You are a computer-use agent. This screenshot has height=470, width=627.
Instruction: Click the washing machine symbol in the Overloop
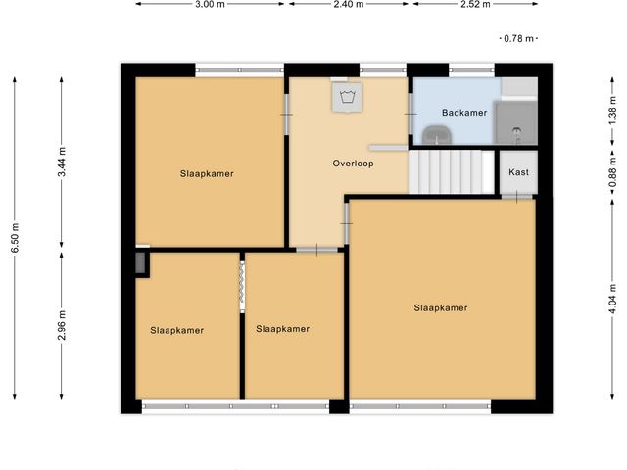(347, 97)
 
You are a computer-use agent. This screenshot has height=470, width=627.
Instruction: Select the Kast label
(518, 172)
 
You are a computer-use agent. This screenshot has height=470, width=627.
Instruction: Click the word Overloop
(353, 164)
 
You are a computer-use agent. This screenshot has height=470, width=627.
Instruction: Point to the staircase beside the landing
(451, 171)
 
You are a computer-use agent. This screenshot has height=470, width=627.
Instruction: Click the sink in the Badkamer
(430, 133)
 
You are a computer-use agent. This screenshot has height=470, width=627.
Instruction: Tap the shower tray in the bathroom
(515, 121)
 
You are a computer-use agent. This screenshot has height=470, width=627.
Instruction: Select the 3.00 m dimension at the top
(210, 5)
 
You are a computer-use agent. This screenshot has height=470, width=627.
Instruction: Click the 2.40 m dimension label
(348, 5)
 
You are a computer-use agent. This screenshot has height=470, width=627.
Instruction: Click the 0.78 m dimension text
(517, 39)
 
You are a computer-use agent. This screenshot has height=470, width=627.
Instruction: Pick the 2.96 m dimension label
(61, 326)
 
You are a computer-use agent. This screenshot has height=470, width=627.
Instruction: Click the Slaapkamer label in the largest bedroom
(440, 307)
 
